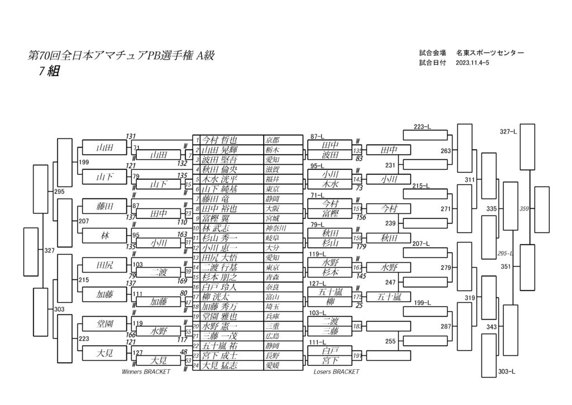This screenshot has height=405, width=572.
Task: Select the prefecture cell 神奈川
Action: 275,228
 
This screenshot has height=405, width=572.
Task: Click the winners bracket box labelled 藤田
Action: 104,206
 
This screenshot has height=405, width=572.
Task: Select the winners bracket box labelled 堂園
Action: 104,323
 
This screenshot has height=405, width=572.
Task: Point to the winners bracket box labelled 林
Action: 104,236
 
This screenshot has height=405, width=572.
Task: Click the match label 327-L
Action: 508,132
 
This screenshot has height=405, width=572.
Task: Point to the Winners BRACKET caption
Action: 146,371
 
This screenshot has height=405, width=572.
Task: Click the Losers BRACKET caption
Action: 336,371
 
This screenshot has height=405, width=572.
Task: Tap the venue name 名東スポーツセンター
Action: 490,53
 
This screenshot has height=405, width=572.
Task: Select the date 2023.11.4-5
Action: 473,63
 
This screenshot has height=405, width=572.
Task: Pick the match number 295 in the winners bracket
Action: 61,192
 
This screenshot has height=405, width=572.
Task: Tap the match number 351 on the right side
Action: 506,267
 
